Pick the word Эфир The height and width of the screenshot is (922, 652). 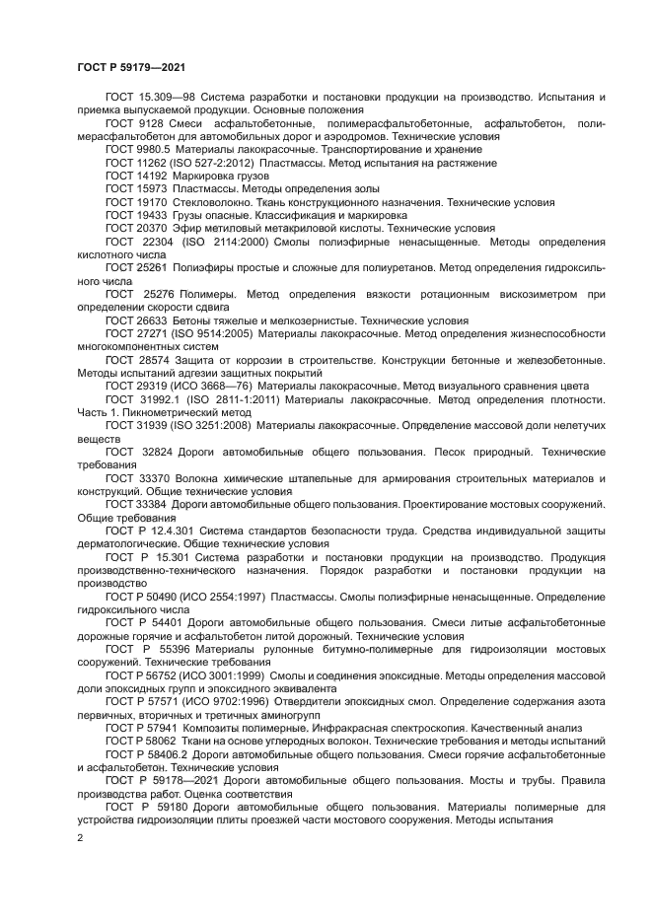tap(185, 226)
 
